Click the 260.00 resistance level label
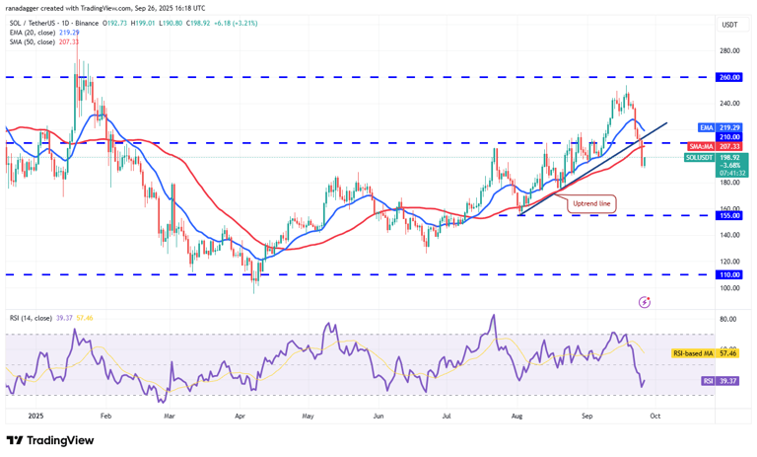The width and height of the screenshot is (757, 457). (728, 76)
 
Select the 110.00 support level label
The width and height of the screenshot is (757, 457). (728, 274)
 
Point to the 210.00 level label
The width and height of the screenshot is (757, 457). (728, 137)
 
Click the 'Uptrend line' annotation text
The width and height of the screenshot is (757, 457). (591, 203)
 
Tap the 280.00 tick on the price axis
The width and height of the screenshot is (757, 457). (728, 50)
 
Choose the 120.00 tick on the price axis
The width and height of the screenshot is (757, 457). (728, 262)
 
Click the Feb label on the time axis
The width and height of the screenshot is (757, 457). (106, 417)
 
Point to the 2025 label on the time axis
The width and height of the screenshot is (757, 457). (37, 417)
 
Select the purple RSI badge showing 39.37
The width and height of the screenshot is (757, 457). (709, 380)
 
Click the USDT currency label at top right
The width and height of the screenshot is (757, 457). (729, 25)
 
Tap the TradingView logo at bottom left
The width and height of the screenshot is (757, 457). (50, 441)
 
